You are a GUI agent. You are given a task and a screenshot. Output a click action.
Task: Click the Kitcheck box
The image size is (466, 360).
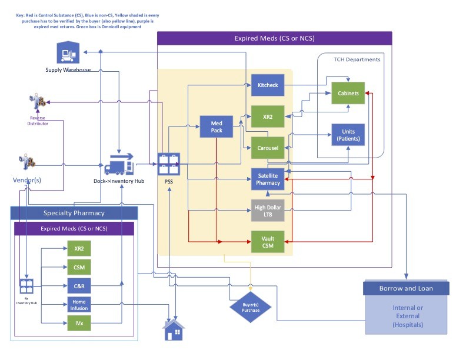[x=268, y=86]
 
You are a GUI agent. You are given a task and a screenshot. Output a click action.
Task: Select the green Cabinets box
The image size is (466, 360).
[x=348, y=94]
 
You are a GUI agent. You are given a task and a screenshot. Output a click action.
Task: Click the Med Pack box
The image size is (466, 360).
[x=217, y=126]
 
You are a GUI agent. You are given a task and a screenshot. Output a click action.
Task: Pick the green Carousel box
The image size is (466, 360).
[x=268, y=148]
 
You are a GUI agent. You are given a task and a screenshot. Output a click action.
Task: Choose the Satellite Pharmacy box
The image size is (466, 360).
[x=268, y=179]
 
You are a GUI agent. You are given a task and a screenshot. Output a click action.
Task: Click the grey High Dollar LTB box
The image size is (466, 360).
[x=268, y=211]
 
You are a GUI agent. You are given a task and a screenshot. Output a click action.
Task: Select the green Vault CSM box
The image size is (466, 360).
[x=268, y=241]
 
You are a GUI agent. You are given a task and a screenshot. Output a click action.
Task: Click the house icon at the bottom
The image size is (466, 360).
[x=174, y=331]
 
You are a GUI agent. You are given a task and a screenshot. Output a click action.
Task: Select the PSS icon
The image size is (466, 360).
[x=168, y=163]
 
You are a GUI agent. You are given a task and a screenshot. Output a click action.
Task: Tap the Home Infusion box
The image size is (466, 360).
[x=78, y=305]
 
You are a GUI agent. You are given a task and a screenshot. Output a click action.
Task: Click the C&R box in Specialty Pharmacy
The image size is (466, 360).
[x=78, y=286]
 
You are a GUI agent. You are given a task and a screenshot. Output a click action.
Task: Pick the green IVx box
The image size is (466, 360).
[x=78, y=324]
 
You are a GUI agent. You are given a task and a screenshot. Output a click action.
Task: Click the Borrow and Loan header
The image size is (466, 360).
[x=406, y=288]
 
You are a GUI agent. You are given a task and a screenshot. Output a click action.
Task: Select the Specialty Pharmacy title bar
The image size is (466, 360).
[x=74, y=213]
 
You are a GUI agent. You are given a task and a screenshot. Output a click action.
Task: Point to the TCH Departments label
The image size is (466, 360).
[x=357, y=59]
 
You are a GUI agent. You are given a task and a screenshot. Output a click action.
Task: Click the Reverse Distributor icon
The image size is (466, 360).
[x=38, y=102]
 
